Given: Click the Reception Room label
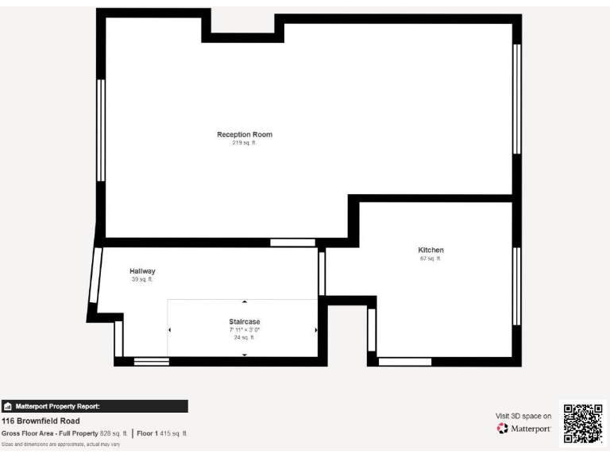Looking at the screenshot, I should (x=245, y=134).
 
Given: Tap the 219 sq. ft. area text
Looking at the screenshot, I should (x=245, y=143).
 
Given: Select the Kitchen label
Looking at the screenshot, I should (x=430, y=250).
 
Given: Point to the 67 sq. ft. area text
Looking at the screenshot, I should (x=430, y=258).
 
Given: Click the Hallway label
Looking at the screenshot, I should (x=142, y=271).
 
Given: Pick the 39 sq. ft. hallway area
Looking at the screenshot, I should (x=142, y=280).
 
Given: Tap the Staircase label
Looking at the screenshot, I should (x=244, y=321).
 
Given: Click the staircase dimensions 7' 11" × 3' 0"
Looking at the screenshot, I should (x=244, y=329).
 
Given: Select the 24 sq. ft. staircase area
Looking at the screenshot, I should (x=244, y=337).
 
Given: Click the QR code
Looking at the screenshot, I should (x=583, y=424).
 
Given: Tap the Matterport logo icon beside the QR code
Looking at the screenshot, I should (x=502, y=429).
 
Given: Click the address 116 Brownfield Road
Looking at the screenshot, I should (x=41, y=421).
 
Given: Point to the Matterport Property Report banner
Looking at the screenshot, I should (x=95, y=406).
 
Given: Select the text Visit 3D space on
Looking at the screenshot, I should (x=523, y=415).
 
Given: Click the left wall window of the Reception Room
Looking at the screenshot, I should (x=101, y=130).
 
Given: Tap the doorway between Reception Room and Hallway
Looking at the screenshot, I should (x=292, y=243).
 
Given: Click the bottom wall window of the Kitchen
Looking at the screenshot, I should (x=404, y=362).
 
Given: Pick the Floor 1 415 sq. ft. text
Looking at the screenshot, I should (x=162, y=433).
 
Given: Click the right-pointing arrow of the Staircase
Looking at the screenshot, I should (x=316, y=329).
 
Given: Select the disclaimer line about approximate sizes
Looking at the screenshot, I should (x=61, y=444).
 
